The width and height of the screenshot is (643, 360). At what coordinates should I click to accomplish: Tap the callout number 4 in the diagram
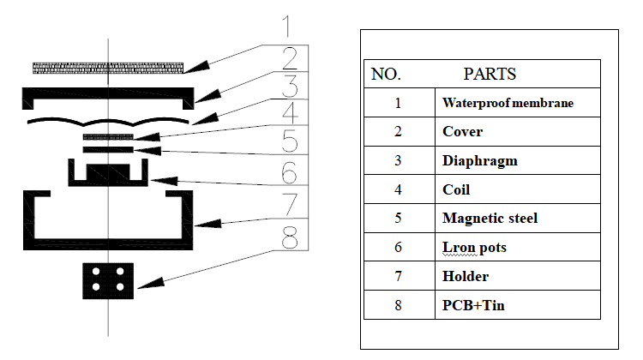point(290,113)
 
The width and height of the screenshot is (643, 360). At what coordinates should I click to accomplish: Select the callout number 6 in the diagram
point(290,173)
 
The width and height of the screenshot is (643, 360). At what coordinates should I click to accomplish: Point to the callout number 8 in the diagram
point(290,235)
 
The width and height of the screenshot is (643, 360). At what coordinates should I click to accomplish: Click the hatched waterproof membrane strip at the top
point(108,67)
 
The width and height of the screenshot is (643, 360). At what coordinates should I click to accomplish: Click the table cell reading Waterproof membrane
point(508,103)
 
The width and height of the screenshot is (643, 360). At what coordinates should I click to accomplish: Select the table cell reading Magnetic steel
point(490,218)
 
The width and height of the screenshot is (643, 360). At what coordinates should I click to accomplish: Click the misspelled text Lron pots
point(474,247)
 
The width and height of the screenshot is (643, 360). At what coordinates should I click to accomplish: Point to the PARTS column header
point(490,74)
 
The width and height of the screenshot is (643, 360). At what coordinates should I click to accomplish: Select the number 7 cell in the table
point(398,276)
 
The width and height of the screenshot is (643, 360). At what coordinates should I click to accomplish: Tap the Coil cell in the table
point(456,189)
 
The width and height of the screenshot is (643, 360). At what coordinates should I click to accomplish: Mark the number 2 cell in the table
point(398,132)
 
